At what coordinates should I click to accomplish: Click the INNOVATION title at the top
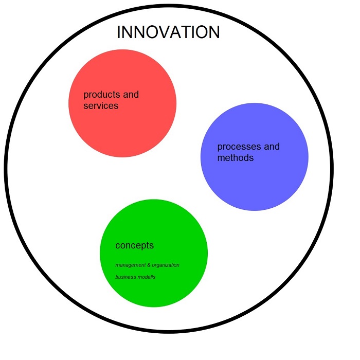click(x=168, y=32)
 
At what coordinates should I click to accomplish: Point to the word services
click(x=101, y=106)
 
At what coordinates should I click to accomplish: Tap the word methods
click(x=236, y=158)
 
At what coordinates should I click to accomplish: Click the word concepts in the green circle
click(x=134, y=245)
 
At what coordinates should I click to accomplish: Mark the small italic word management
click(x=129, y=265)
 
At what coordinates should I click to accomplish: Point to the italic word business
click(x=125, y=277)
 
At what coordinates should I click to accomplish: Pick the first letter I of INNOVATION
click(x=119, y=32)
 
